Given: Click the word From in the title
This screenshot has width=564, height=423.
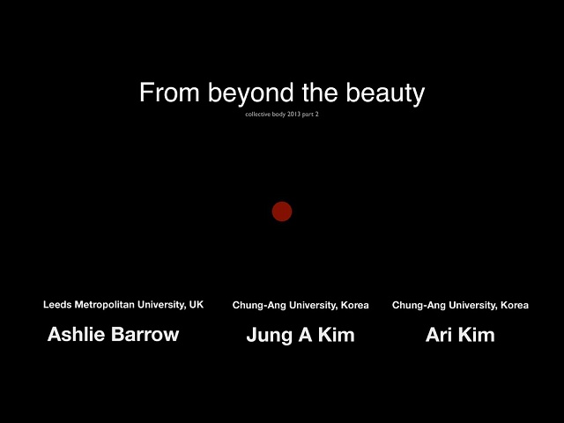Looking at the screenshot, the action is point(169,93).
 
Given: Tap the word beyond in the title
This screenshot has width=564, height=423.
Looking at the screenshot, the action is point(250,93).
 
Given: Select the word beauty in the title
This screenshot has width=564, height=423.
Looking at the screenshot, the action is point(385,94).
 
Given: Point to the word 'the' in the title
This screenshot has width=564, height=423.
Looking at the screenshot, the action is point(320,92).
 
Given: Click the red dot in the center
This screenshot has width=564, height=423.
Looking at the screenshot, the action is point(282,211).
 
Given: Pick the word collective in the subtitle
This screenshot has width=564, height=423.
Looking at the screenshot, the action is point(258,115).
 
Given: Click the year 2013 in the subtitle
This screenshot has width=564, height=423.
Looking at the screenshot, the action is point(293,115).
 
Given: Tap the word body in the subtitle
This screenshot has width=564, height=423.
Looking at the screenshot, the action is point(278,115).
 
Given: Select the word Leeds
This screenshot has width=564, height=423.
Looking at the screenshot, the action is point(57,305).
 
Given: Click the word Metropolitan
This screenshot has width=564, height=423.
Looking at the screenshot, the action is point(105,305).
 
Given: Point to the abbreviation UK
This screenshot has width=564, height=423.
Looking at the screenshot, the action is point(197,305).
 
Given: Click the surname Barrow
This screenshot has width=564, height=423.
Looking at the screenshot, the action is point(145,334).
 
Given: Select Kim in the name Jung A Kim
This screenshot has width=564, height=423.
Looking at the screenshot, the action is point(337,335).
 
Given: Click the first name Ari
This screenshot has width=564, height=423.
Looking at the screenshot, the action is point(439,335).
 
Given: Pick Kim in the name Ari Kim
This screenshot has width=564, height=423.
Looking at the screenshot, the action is point(477,335).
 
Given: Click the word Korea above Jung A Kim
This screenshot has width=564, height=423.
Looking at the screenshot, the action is point(354,306).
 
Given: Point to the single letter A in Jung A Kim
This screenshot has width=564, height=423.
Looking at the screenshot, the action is point(305,335).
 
